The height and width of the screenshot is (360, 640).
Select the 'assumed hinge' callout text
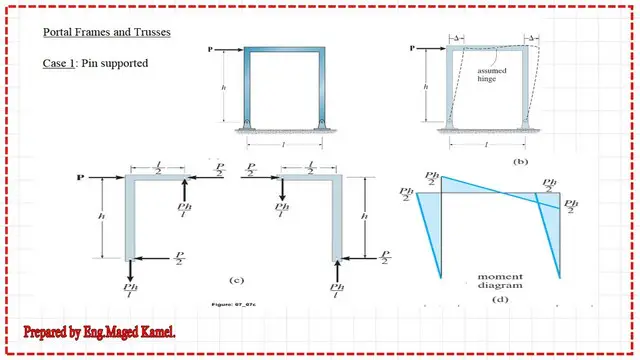click(x=493, y=76)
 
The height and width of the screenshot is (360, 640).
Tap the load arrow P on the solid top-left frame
click(x=223, y=47)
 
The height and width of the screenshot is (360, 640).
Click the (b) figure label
click(x=519, y=160)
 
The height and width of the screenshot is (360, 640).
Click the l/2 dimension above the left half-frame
click(x=160, y=168)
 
